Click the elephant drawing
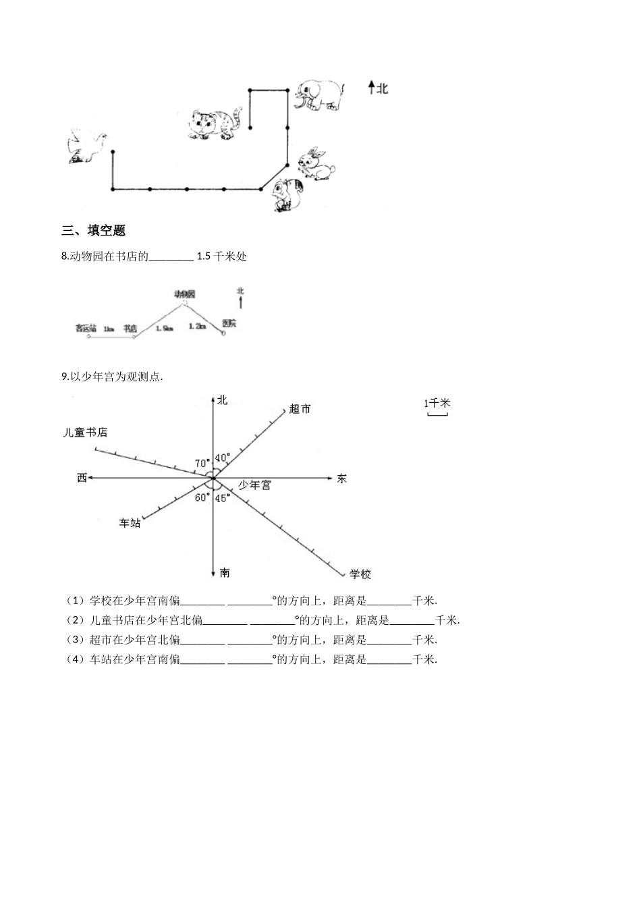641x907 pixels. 318,94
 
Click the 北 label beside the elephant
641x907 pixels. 383,88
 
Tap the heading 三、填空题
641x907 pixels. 94,230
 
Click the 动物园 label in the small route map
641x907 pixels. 184,294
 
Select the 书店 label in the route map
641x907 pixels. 130,328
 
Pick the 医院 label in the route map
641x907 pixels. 229,323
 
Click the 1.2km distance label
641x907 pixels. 197,325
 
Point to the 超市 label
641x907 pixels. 300,409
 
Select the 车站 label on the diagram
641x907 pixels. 130,522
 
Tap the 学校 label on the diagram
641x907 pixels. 360,574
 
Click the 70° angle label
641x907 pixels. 202,463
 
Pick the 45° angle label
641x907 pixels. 223,498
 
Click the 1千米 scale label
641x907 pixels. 437,404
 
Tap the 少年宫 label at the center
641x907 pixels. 255,485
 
